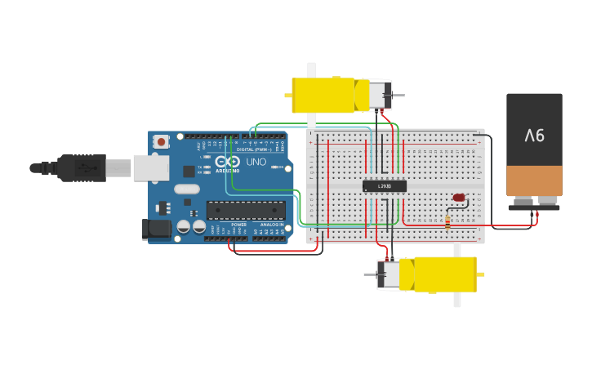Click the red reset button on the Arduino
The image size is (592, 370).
pyautogui.click(x=161, y=141)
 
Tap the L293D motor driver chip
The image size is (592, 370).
pyautogui.click(x=384, y=186)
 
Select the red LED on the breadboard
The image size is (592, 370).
pyautogui.click(x=459, y=198)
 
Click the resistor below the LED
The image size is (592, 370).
pyautogui.click(x=448, y=221)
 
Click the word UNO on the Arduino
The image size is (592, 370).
pyautogui.click(x=256, y=162)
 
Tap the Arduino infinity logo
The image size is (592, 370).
pyautogui.click(x=228, y=162)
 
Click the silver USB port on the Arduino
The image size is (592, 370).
pyautogui.click(x=151, y=167)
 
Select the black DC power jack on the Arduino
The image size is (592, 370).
pyautogui.click(x=157, y=230)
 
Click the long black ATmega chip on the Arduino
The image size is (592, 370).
pyautogui.click(x=246, y=210)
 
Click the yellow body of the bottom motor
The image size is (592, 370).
pyautogui.click(x=445, y=274)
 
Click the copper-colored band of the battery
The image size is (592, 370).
pyautogui.click(x=534, y=180)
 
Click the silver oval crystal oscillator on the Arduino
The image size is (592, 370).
pyautogui.click(x=187, y=189)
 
